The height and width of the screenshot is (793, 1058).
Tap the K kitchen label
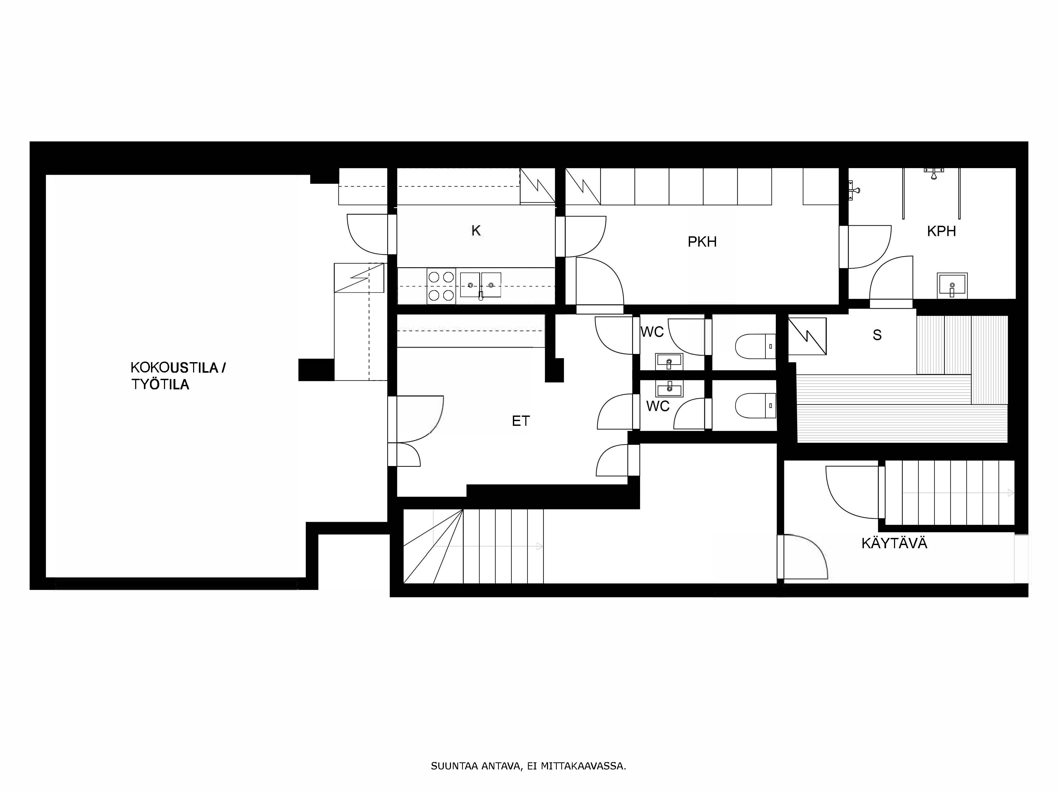476,231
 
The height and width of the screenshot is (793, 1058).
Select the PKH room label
702,242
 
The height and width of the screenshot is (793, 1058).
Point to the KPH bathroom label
941,231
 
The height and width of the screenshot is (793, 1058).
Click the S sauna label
877,335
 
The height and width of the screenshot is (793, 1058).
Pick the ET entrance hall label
521,421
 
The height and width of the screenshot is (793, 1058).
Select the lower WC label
658,406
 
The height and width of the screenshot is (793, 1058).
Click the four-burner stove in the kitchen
441,286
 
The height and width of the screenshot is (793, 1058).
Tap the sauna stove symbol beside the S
807,336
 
